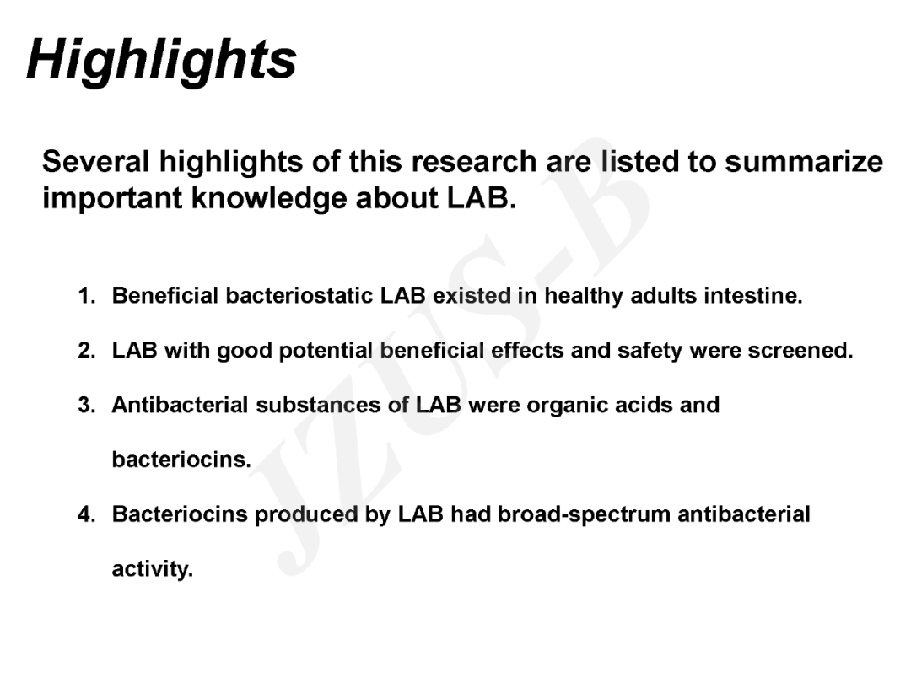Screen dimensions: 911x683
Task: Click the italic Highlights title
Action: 161,61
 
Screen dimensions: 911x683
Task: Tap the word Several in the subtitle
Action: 96,161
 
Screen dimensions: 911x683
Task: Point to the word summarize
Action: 804,161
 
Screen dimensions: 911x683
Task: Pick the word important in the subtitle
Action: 112,199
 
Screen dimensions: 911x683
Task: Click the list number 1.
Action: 87,296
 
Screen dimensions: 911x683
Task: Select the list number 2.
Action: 87,350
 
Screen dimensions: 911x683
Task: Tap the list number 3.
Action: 87,405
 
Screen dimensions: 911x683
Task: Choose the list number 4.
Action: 87,514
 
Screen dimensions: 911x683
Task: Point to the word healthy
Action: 583,296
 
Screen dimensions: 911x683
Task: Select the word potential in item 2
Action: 326,352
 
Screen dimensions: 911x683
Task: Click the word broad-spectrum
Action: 584,515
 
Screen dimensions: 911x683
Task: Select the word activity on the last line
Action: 152,570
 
